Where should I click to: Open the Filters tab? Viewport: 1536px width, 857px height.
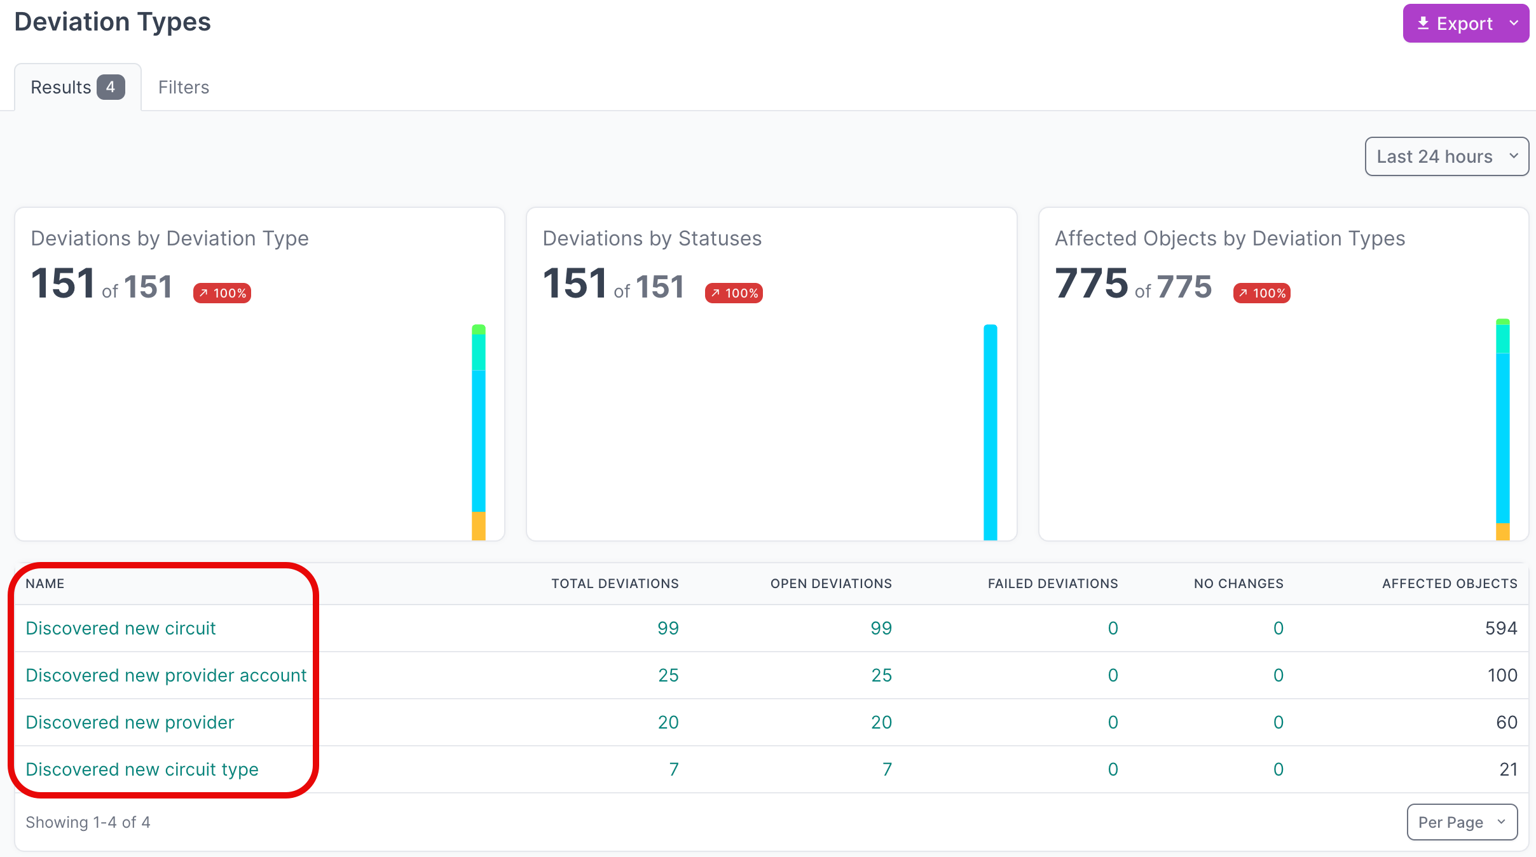point(183,87)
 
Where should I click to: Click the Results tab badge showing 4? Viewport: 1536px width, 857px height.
point(111,87)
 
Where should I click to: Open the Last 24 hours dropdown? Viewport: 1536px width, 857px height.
point(1446,156)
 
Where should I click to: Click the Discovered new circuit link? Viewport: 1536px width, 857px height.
point(121,628)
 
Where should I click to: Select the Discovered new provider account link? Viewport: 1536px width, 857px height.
point(166,675)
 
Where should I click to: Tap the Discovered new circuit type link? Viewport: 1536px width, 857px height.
point(142,769)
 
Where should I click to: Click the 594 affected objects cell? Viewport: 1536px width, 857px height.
point(1500,628)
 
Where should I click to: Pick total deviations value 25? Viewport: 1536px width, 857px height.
point(668,675)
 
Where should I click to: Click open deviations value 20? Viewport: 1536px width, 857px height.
point(881,722)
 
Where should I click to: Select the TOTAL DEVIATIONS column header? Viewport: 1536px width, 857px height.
point(615,584)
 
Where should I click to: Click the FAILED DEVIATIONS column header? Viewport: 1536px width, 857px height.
point(1052,584)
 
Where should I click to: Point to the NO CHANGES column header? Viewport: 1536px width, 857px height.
point(1238,584)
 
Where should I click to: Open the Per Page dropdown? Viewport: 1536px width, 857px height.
point(1462,822)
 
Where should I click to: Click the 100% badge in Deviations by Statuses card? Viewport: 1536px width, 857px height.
point(734,293)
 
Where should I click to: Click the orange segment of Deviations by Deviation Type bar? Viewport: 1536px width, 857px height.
point(478,526)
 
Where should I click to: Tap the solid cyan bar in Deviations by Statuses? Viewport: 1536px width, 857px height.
point(990,432)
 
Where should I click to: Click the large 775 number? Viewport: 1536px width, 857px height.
point(1091,284)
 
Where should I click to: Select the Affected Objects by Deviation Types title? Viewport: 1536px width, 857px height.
point(1230,238)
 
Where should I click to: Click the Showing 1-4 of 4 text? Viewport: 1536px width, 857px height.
point(88,822)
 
